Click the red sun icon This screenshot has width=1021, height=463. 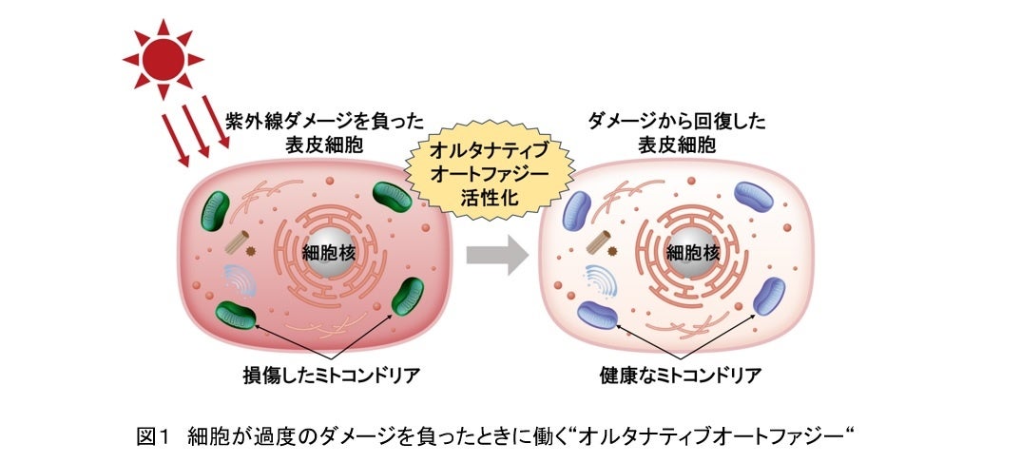point(163,59)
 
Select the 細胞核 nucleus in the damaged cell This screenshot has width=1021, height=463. point(326,253)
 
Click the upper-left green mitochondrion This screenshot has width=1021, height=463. point(222,208)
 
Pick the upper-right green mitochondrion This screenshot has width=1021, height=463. point(393,201)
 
